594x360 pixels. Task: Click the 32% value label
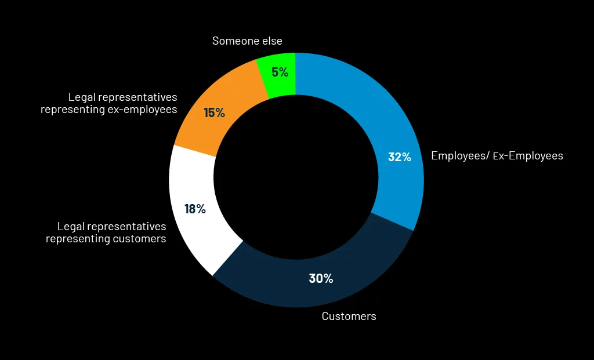pos(399,157)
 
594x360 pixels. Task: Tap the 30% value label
pos(321,278)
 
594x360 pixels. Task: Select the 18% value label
pos(195,209)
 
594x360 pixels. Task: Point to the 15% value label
pos(214,113)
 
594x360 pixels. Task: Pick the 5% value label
pos(280,72)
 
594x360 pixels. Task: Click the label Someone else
pos(247,41)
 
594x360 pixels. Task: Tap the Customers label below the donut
pos(349,316)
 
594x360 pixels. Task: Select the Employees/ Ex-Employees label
pos(497,156)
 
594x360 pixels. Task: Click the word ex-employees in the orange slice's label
pos(143,109)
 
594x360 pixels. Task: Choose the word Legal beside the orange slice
pos(81,97)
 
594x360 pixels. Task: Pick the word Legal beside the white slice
pos(70,226)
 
